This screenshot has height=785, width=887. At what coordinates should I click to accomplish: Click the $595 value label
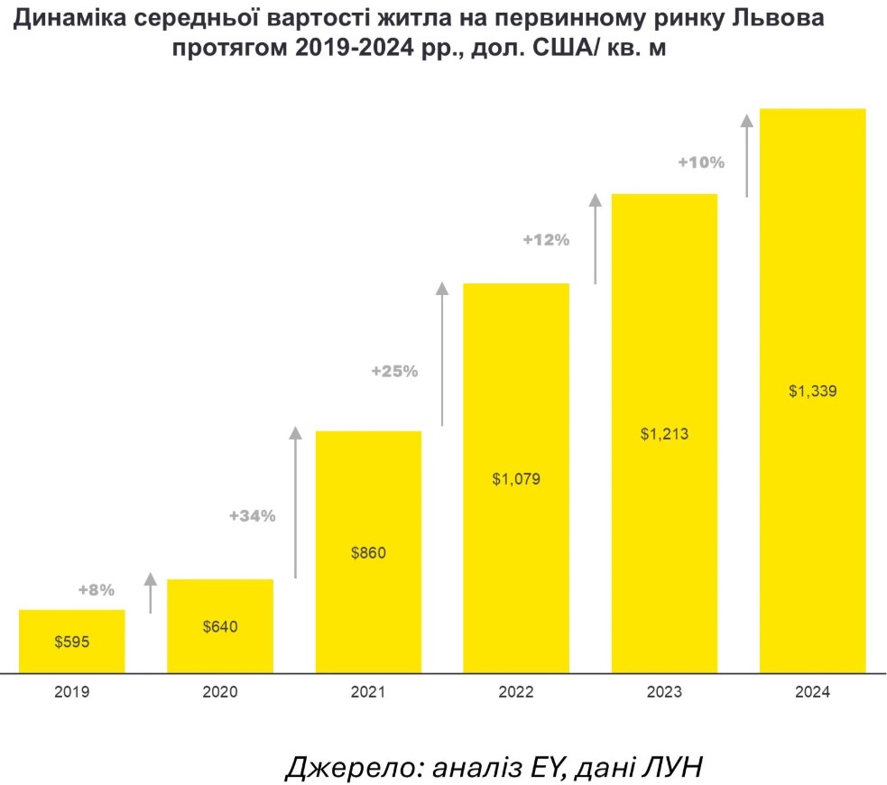[x=72, y=643]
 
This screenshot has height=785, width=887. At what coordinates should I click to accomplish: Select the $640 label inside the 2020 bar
[x=220, y=626]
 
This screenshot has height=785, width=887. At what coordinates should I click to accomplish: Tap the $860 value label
[x=368, y=552]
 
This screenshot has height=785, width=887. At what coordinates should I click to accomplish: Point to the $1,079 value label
[x=516, y=478]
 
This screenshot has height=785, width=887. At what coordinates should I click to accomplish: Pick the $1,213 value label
[x=664, y=434]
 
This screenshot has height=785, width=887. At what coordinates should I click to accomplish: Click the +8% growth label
[x=97, y=590]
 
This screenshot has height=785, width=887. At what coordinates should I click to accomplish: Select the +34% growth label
[x=252, y=516]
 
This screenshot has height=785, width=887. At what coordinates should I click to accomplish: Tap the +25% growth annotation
[x=394, y=370]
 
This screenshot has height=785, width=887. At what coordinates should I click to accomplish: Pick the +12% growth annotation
[x=546, y=240]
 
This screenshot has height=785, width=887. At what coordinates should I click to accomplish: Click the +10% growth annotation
[x=701, y=162]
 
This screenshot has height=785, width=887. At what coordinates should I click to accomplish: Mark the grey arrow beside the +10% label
[x=746, y=154]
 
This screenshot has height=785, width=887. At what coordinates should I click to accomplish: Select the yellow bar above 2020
[x=220, y=605]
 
